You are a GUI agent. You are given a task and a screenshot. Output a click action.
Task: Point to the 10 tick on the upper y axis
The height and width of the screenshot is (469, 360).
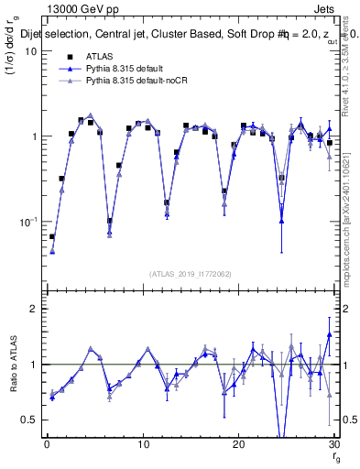pyautogui.click(x=30, y=51)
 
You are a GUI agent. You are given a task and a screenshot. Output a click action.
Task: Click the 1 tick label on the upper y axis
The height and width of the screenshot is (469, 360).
pyautogui.click(x=33, y=136)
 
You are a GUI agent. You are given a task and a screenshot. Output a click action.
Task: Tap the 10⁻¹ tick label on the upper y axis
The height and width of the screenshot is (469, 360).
pyautogui.click(x=28, y=222)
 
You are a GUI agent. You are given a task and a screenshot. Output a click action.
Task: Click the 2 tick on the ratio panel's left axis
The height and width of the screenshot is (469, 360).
pyautogui.click(x=33, y=309)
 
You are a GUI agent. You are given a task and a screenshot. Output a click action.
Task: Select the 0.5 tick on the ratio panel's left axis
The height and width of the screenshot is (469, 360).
pyautogui.click(x=29, y=420)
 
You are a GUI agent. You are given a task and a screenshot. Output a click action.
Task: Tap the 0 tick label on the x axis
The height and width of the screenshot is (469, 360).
pyautogui.click(x=46, y=443)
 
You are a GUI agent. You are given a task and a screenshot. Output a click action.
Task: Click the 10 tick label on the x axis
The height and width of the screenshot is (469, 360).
pyautogui.click(x=142, y=443)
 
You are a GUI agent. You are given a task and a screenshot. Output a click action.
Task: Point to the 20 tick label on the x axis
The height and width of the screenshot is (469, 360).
pyautogui.click(x=238, y=443)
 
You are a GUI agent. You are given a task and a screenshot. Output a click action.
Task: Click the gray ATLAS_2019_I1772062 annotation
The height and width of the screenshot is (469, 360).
pyautogui.click(x=190, y=273)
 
